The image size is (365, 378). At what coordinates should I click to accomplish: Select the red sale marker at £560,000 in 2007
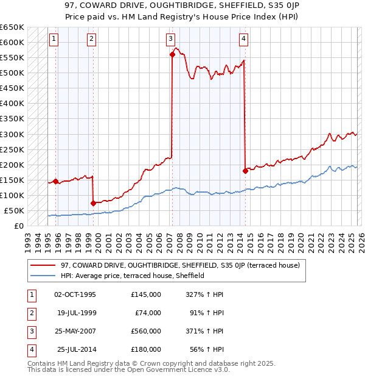(x=172, y=54)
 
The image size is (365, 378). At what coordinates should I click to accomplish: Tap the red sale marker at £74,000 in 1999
(x=93, y=203)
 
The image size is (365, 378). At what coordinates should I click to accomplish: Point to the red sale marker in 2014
(x=245, y=171)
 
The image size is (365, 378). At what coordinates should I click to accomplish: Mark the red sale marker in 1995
(x=55, y=181)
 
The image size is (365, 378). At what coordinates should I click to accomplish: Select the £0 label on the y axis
(x=18, y=226)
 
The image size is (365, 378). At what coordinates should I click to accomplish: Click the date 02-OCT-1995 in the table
(x=75, y=294)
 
